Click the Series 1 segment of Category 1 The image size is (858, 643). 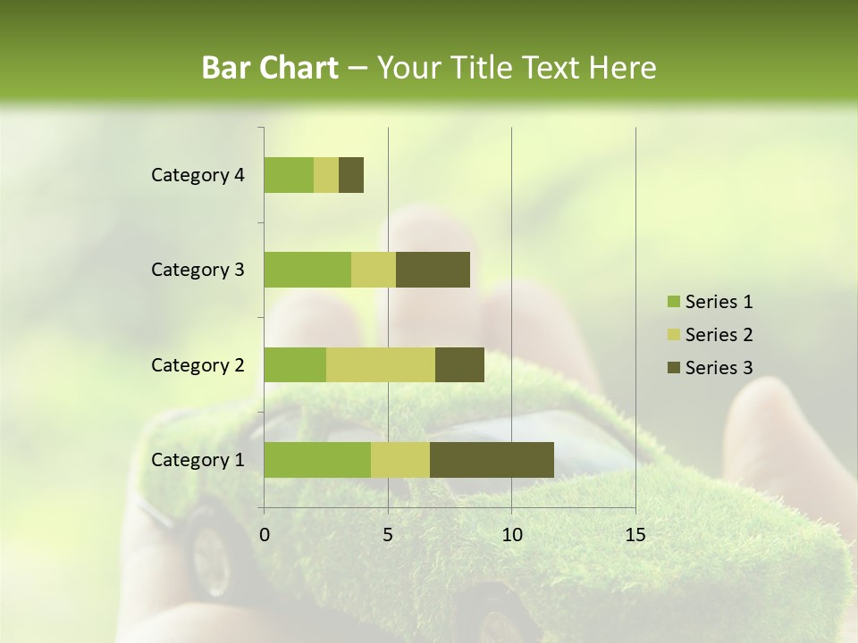(x=317, y=459)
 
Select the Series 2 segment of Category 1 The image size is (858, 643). (x=400, y=459)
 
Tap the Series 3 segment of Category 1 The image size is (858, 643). (x=492, y=459)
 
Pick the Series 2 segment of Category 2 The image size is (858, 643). (x=381, y=364)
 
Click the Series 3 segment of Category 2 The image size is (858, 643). (x=459, y=364)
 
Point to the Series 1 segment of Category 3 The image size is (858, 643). (x=307, y=270)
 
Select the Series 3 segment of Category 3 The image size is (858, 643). (x=433, y=270)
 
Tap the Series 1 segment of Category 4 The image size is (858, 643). (x=289, y=175)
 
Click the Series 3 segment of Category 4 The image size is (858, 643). (x=351, y=175)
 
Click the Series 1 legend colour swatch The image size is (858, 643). (x=673, y=302)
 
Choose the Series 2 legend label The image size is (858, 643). (x=719, y=335)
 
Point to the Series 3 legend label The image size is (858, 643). (x=719, y=368)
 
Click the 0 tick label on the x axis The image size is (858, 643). (x=265, y=535)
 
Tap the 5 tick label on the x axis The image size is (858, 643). (x=388, y=535)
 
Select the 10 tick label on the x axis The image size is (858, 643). (x=511, y=535)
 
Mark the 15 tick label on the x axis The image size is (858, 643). (x=635, y=535)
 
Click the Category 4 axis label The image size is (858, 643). (x=198, y=175)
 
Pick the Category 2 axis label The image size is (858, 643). (x=198, y=364)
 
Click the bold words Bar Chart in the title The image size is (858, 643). (x=270, y=68)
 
